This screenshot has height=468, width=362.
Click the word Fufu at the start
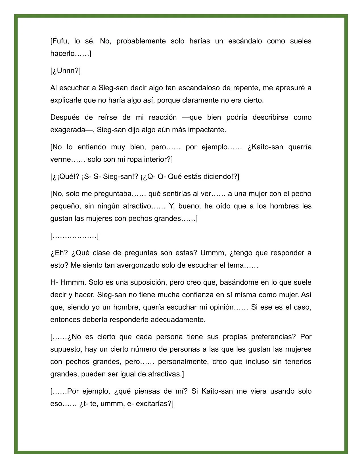click(x=60, y=41)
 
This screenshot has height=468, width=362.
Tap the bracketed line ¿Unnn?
click(x=66, y=71)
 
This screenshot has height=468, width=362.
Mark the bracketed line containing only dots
click(x=74, y=236)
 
